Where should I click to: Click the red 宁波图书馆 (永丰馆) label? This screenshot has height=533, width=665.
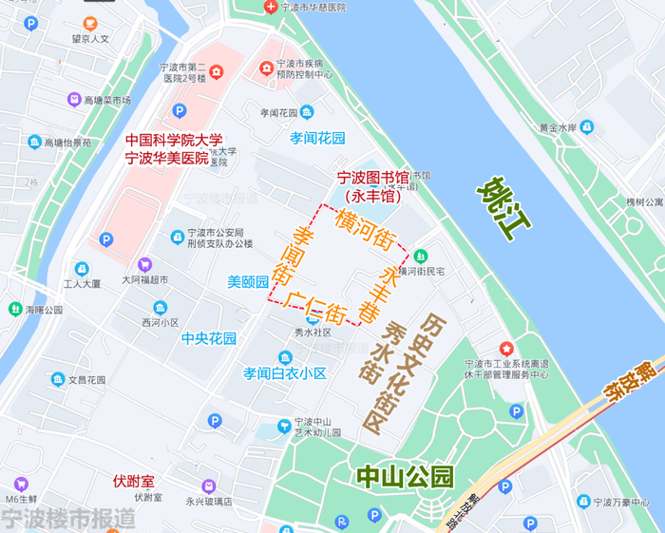pos(372,187)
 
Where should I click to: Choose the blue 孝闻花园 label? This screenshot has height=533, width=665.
pos(317,138)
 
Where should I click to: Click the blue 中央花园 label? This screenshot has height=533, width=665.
pos(209,338)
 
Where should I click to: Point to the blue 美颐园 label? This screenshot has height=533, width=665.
pos(248,282)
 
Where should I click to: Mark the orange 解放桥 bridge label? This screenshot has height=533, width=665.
pos(625,378)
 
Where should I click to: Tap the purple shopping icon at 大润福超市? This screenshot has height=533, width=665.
pos(145,264)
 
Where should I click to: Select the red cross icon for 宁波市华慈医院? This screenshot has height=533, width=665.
pos(271,8)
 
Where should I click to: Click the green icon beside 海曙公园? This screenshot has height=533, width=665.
pos(15,309)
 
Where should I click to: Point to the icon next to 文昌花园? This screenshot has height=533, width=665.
pos(59,379)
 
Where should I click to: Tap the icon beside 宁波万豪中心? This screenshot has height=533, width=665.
pos(582,501)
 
